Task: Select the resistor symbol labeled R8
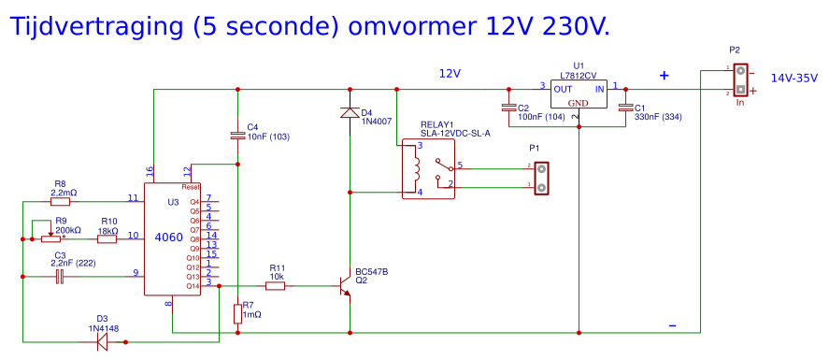point(60,200)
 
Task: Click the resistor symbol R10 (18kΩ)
point(107,238)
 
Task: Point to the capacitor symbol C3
point(60,276)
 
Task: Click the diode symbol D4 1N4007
point(350,113)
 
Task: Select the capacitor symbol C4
point(238,137)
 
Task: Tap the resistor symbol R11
point(275,286)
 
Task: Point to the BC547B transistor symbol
point(345,287)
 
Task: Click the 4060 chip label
point(168,238)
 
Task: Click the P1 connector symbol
point(540,177)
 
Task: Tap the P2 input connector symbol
point(740,79)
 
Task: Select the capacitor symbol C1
point(626,108)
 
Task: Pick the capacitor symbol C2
point(509,108)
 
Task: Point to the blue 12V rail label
point(450,73)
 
